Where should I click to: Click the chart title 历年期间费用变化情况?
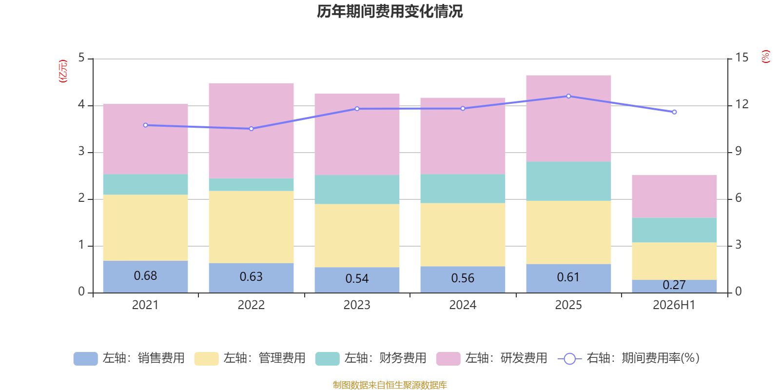coord(390,12)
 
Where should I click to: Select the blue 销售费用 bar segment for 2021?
coord(146,277)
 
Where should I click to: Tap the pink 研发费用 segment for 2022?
coord(252,131)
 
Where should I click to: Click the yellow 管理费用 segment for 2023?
coord(357,235)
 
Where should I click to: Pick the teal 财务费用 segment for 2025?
coord(568,181)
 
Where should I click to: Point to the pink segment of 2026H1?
coord(675,196)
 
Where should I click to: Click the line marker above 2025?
coord(568,96)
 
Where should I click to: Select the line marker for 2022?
coord(252,129)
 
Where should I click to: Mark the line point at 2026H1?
coord(675,112)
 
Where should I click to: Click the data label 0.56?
coord(463,278)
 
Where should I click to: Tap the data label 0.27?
coord(675,285)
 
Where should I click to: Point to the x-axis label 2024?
coord(463,305)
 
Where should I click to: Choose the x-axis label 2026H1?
coord(674,305)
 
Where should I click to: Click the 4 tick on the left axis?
coord(81,104)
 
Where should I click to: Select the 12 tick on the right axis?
coord(741,104)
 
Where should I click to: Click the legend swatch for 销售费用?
coord(86,359)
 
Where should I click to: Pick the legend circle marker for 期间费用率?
coord(570,359)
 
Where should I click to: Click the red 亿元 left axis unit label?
coord(63,71)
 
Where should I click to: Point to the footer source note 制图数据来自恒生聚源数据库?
coord(390,385)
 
